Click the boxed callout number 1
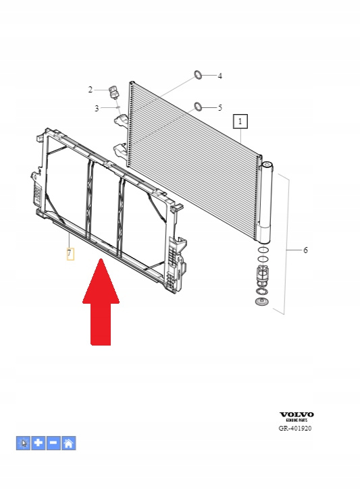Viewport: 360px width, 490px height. point(240,121)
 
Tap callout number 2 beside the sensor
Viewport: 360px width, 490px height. point(91,90)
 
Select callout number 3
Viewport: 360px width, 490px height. point(97,109)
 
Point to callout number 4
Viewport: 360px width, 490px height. point(220,76)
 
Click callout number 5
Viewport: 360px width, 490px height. point(220,108)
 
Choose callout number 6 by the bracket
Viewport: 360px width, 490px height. point(305,250)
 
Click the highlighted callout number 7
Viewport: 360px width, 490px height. point(70,254)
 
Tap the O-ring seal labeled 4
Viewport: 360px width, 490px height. point(198,75)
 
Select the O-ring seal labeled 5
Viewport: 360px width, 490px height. point(198,106)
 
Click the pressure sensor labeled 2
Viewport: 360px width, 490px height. point(113,92)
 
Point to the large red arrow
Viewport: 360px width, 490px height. point(101,302)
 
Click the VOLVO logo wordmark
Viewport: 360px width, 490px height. point(297,414)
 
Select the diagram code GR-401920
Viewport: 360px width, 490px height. point(295,428)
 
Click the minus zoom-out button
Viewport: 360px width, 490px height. point(53,443)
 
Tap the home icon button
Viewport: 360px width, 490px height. point(69,443)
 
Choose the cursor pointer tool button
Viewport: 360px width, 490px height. point(23,443)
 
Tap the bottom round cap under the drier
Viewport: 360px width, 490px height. point(262,302)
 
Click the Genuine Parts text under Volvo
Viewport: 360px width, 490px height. point(297,420)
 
